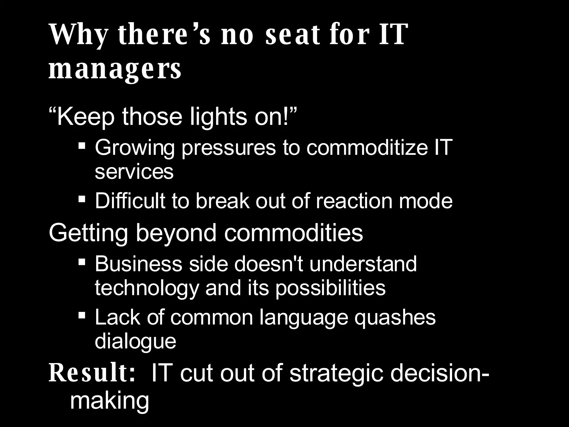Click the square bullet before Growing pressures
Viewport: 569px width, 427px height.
[82, 145]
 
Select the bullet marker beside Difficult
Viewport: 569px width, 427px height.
[82, 199]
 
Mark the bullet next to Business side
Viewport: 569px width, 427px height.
[82, 262]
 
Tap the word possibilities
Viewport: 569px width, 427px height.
[330, 288]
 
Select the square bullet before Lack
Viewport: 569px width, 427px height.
[82, 315]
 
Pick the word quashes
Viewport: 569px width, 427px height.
[395, 317]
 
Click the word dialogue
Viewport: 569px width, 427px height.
[136, 341]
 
